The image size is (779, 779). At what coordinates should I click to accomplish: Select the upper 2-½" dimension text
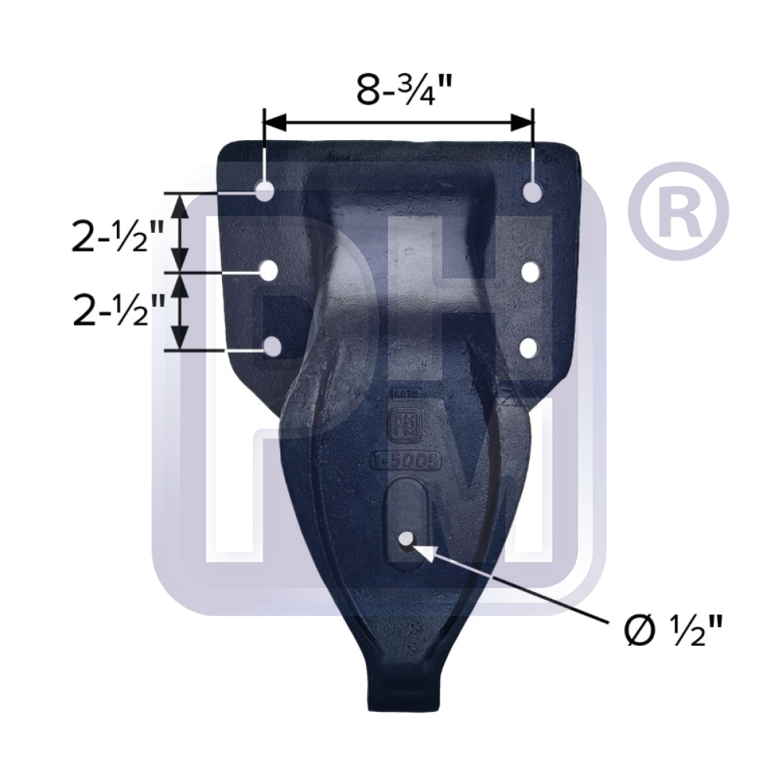tap(118, 236)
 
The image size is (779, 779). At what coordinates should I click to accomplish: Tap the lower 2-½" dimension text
tap(118, 311)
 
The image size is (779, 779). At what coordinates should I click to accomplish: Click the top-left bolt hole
tap(265, 190)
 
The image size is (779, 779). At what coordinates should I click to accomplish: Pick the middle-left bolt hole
tap(269, 270)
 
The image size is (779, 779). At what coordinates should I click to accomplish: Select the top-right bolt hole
tap(533, 192)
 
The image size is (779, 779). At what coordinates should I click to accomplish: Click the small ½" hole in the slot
tap(406, 540)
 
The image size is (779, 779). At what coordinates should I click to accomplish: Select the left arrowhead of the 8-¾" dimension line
tap(274, 122)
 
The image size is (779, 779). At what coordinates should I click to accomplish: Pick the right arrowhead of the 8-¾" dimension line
tap(523, 122)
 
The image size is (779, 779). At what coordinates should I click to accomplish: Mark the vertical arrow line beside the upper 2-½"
tap(180, 232)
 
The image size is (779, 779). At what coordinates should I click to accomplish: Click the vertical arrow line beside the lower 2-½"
tap(180, 311)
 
